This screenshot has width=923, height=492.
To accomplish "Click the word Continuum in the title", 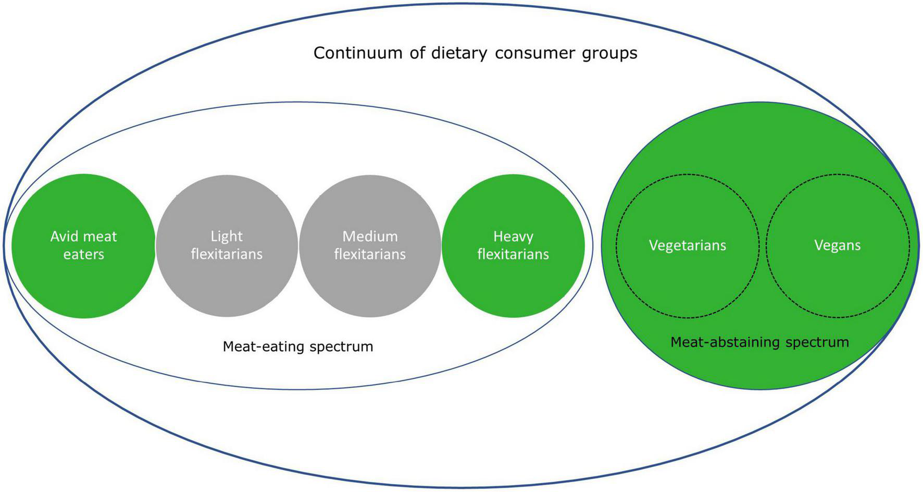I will click(x=358, y=53).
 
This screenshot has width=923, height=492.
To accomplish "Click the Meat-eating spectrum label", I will click(x=298, y=347).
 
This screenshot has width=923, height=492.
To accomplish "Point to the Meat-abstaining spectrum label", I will click(x=759, y=342).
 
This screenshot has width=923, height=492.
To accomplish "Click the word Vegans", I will click(x=838, y=245).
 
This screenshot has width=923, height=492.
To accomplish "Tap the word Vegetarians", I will click(x=688, y=245).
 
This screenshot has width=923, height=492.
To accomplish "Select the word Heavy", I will click(x=513, y=237).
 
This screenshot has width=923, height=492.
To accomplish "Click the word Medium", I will click(x=370, y=237).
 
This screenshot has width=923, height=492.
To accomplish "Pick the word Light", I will click(x=227, y=237).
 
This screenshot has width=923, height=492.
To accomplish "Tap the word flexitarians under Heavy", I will click(x=513, y=254).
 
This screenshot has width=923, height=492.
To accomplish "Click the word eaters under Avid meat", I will click(x=83, y=254).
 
